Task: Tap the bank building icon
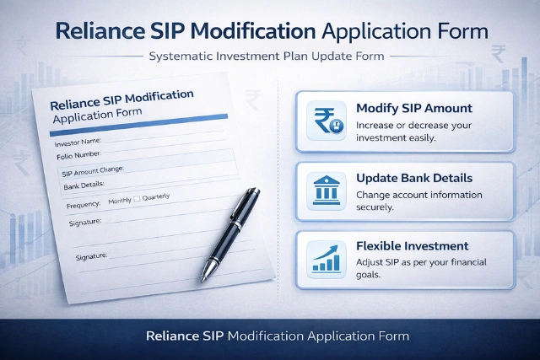point(326,190)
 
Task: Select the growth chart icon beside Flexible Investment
point(326,258)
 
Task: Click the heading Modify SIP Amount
point(414,109)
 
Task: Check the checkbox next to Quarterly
point(138,199)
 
